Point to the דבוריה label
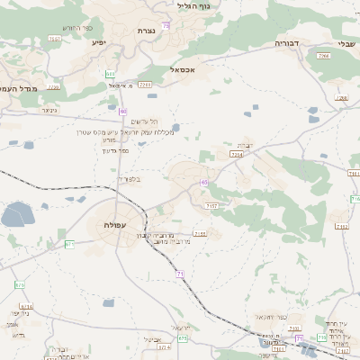click(x=292, y=42)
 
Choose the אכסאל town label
click(x=183, y=68)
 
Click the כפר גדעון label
click(x=116, y=150)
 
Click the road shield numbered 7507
click(x=55, y=39)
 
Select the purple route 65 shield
click(x=204, y=182)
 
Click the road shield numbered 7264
click(x=236, y=155)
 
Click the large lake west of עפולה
click(x=16, y=214)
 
